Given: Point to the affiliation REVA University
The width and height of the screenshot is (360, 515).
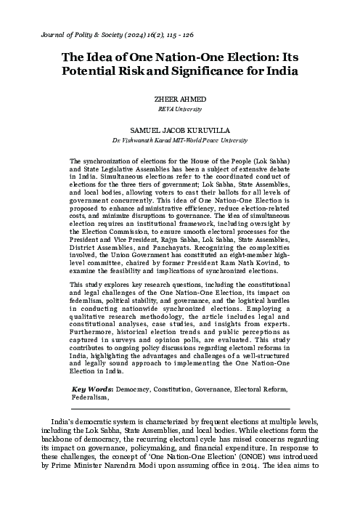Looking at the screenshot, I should [x=180, y=110].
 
